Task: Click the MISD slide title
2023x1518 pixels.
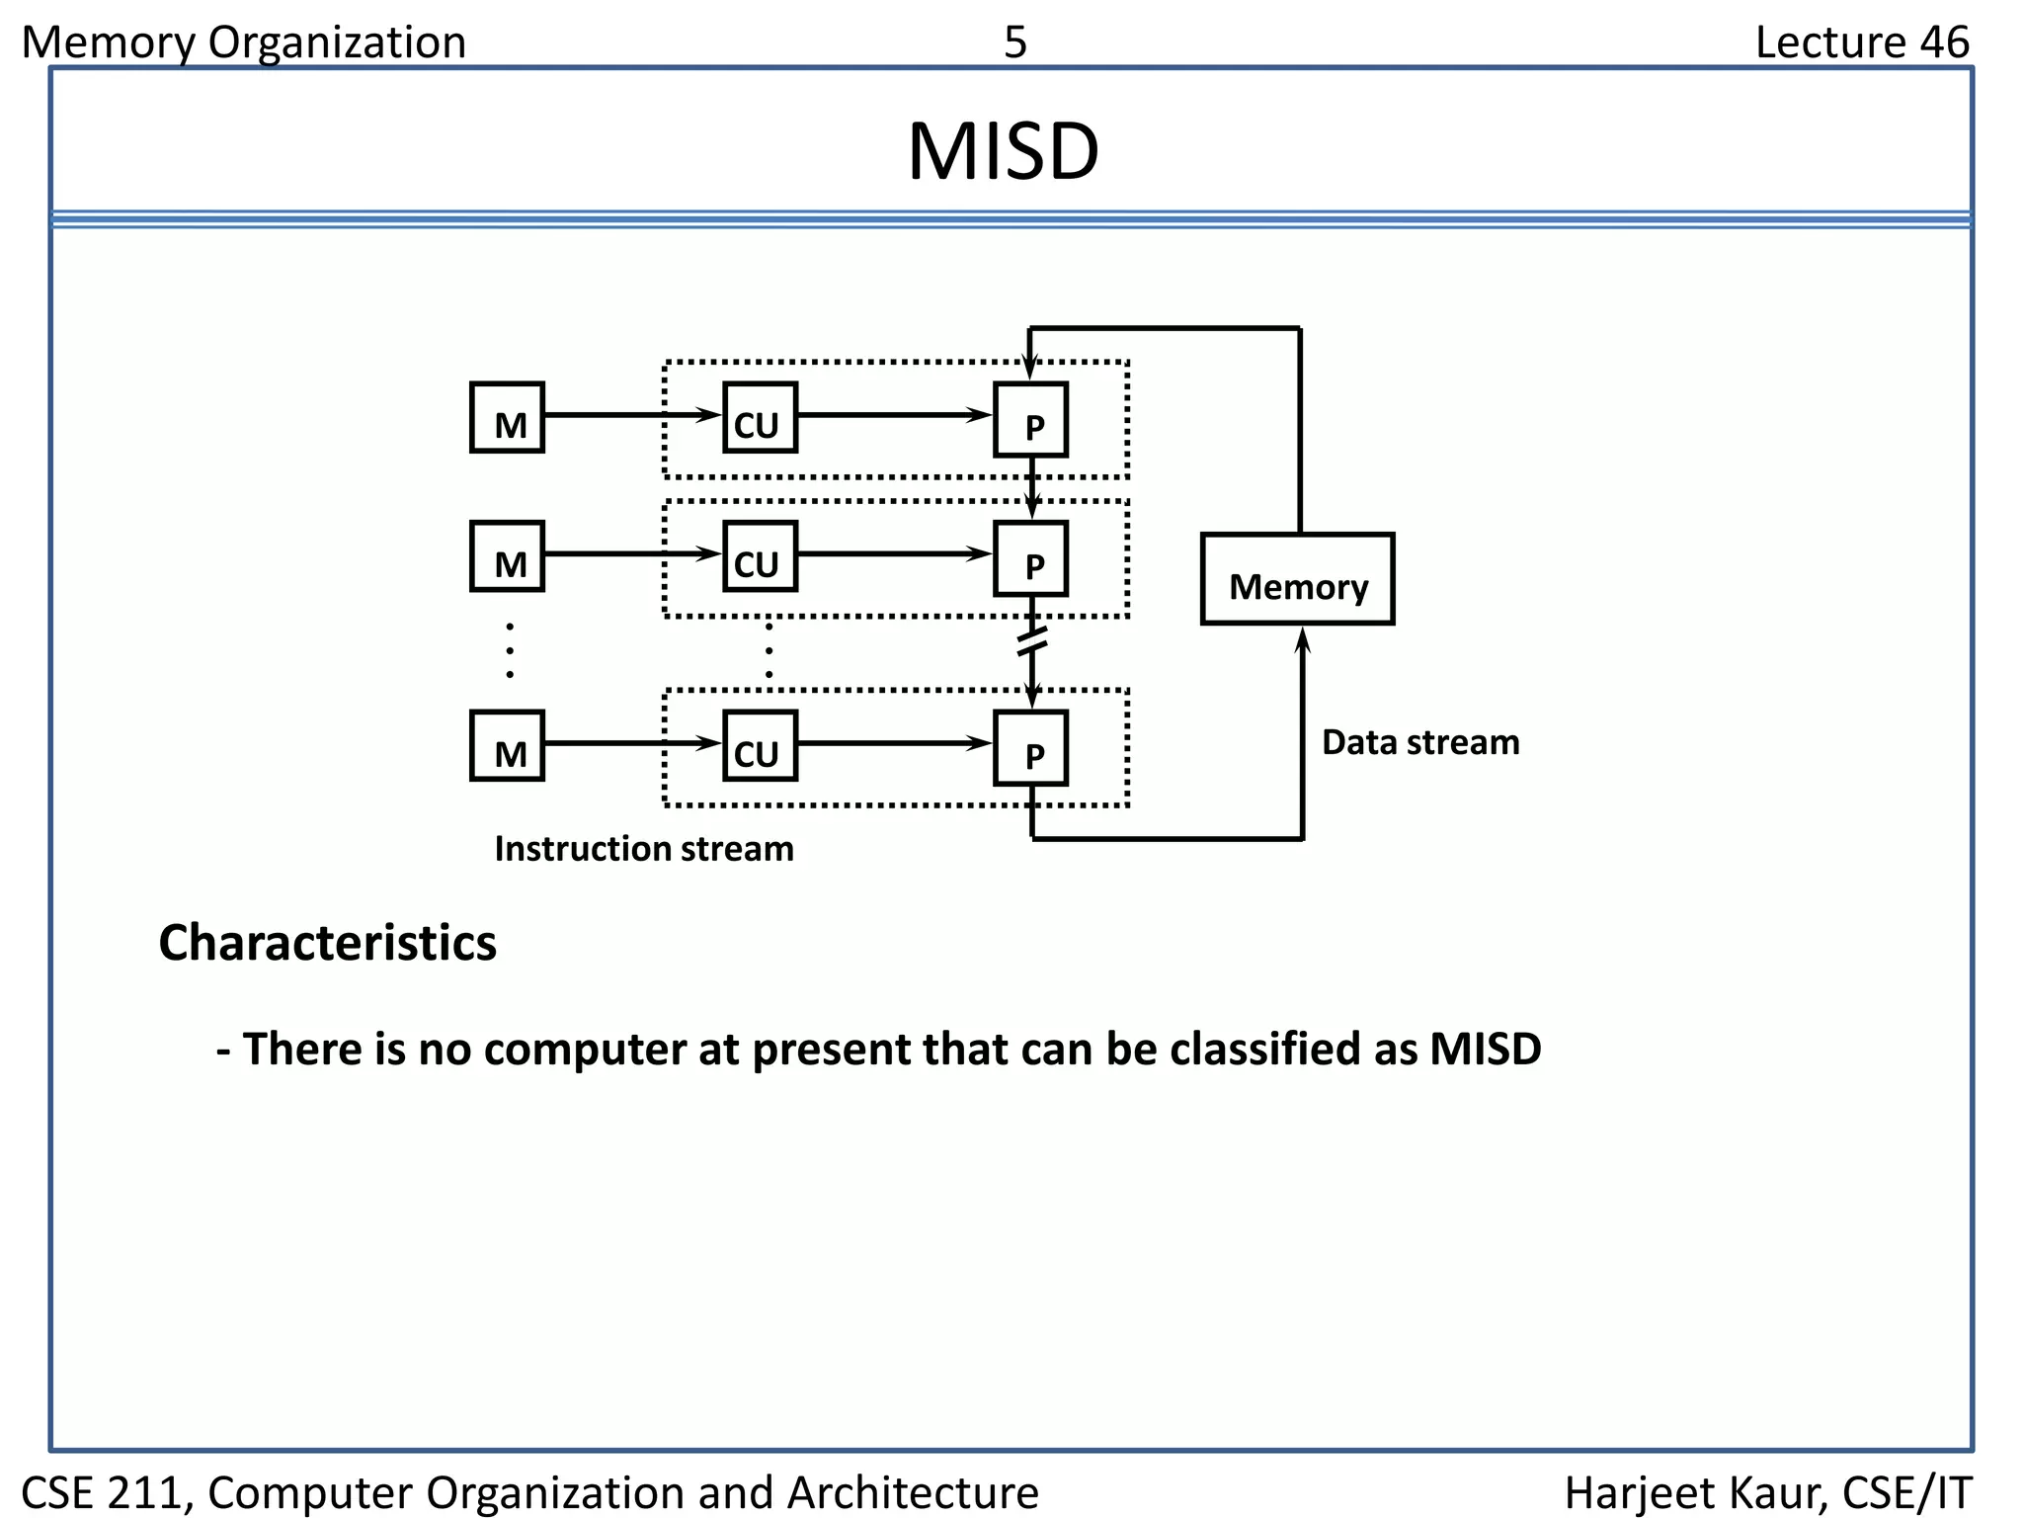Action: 1003,152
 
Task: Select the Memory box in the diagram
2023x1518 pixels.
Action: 1297,580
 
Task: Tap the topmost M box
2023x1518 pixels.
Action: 507,418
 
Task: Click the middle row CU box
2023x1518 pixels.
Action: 760,556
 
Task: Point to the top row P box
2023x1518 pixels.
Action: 1030,420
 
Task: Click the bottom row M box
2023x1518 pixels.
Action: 507,746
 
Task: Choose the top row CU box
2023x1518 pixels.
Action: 760,418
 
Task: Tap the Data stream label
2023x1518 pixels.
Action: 1419,742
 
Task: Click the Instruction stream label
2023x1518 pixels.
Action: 643,849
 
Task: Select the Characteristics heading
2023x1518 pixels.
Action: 327,943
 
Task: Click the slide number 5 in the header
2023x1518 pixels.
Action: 1015,42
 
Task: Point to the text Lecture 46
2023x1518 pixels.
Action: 1861,42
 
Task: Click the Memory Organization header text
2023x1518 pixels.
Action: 243,42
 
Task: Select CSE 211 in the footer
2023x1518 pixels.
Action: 105,1492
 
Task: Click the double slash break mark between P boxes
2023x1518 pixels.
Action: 1031,642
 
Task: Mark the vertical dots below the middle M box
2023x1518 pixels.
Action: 510,650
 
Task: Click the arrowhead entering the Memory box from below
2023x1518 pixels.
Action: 1303,639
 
